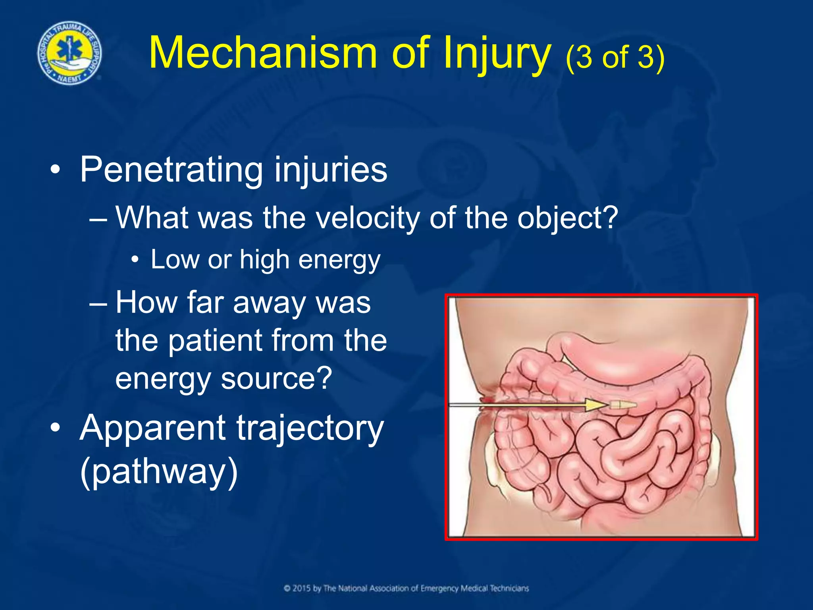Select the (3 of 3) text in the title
pyautogui.click(x=615, y=57)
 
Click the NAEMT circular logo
pyautogui.click(x=69, y=53)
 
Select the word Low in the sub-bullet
pyautogui.click(x=175, y=259)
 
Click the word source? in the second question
pyautogui.click(x=276, y=378)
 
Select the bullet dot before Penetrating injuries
pyautogui.click(x=56, y=171)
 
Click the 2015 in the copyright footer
pyautogui.click(x=302, y=588)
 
